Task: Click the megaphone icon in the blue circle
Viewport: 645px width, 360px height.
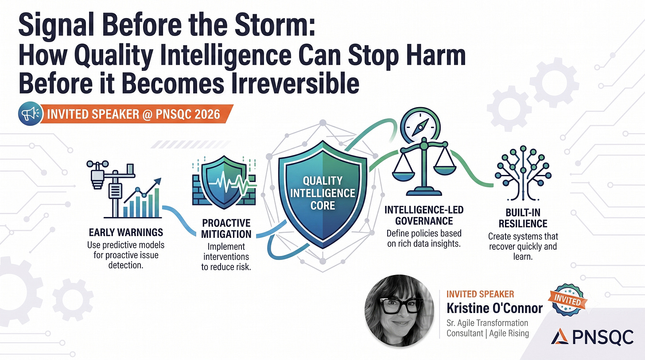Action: [30, 114]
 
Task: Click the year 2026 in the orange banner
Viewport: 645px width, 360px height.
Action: [207, 114]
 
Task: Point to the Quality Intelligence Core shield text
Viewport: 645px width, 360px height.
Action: [323, 193]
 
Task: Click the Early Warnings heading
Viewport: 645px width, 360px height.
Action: [126, 232]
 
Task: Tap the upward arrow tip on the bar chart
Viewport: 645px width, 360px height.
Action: [159, 180]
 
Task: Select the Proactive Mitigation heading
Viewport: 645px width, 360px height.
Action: [226, 228]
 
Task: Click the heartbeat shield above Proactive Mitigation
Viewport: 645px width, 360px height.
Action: [224, 182]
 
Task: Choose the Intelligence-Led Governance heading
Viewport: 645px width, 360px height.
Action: [424, 215]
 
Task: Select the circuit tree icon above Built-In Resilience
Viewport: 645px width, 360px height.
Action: [523, 173]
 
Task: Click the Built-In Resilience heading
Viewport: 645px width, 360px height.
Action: [523, 218]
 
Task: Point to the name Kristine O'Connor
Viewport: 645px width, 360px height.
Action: [494, 308]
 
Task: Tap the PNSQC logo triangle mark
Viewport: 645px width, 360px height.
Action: [560, 336]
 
